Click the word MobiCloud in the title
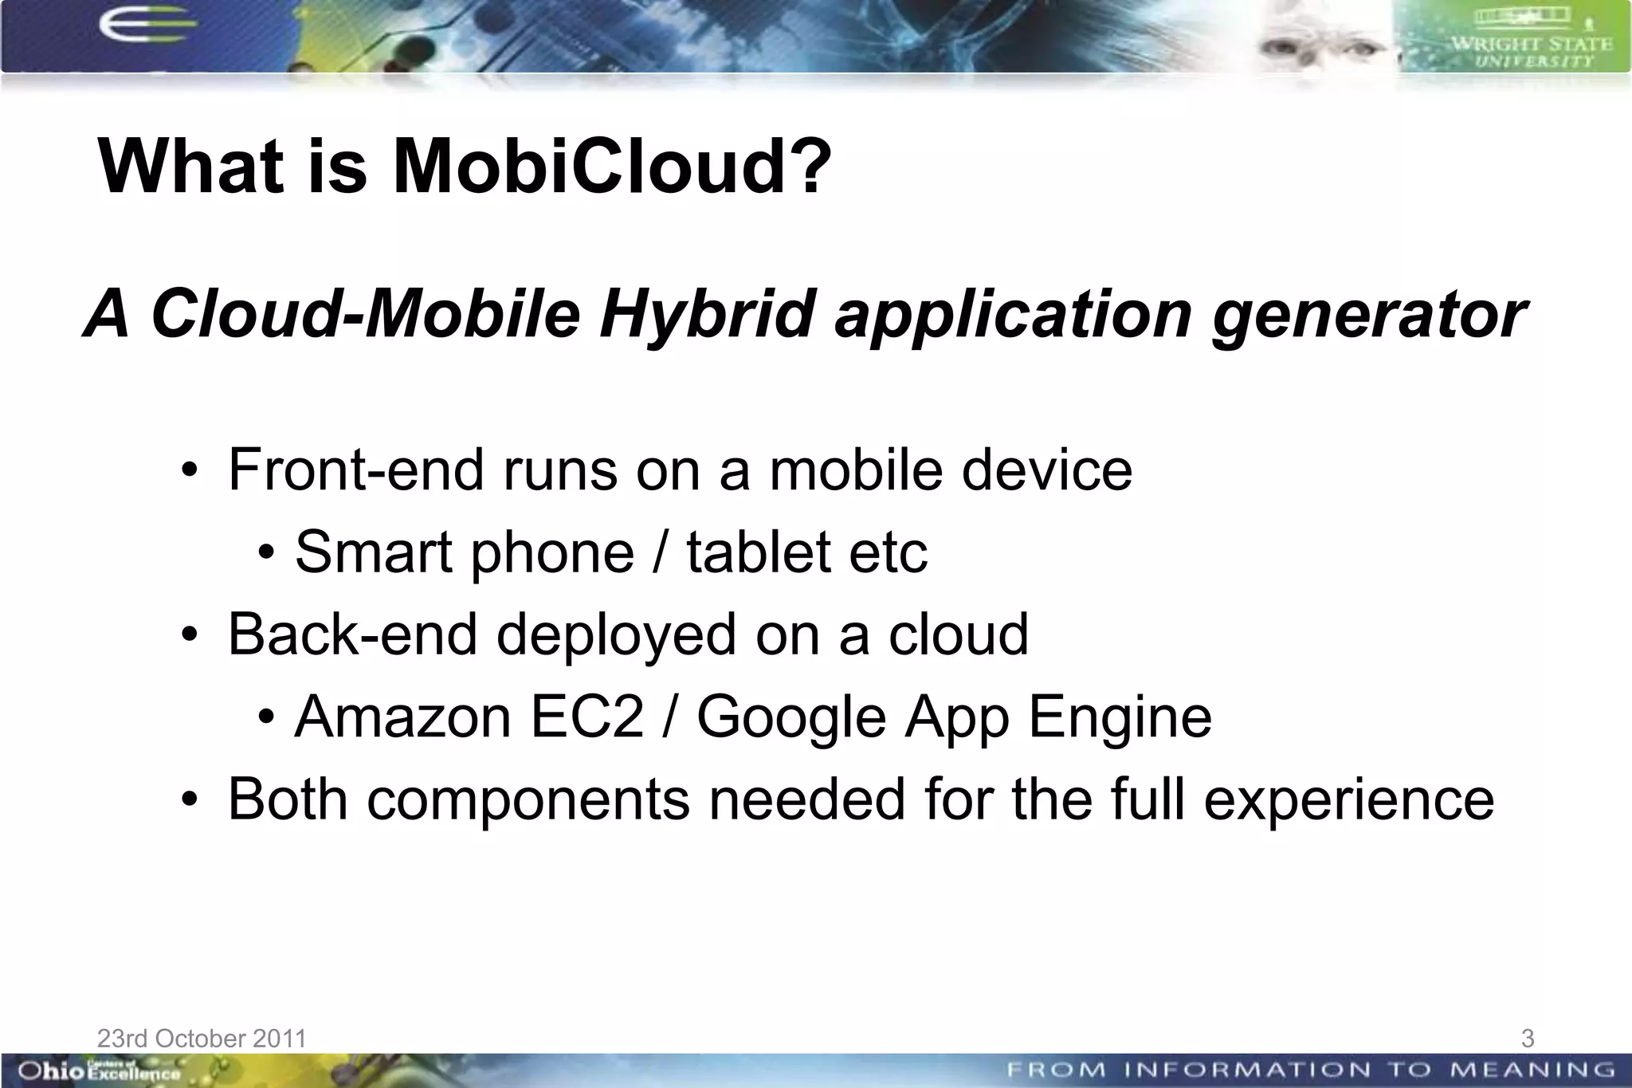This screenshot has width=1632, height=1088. [611, 167]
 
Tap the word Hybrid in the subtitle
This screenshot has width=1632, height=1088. [708, 314]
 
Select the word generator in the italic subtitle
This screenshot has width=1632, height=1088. [1368, 314]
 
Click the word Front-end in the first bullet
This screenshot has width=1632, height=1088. [356, 469]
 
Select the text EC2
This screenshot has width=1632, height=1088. [586, 717]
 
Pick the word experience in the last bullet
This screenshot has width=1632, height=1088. [1348, 799]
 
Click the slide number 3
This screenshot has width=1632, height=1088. [1527, 1038]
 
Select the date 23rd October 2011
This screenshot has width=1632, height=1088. [202, 1038]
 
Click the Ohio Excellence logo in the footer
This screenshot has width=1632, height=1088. [99, 1070]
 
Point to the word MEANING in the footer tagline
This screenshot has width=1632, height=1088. [1532, 1070]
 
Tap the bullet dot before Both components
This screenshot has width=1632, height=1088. [189, 799]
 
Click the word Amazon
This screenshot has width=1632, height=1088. [402, 717]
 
